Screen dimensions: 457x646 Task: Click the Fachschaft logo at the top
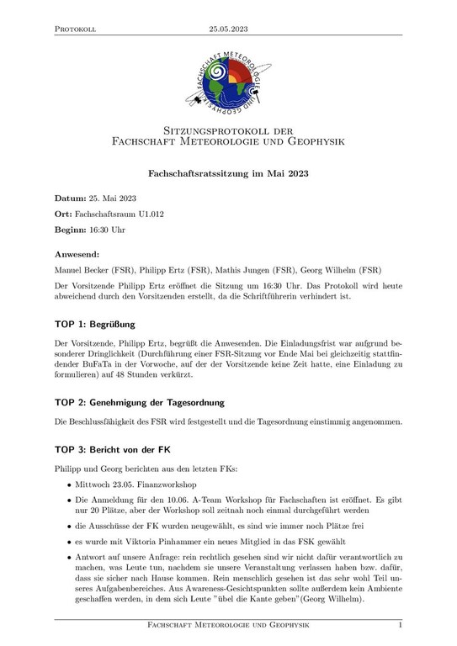point(228,82)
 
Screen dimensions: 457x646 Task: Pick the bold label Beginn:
point(73,229)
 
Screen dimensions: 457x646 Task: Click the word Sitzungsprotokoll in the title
point(199,130)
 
